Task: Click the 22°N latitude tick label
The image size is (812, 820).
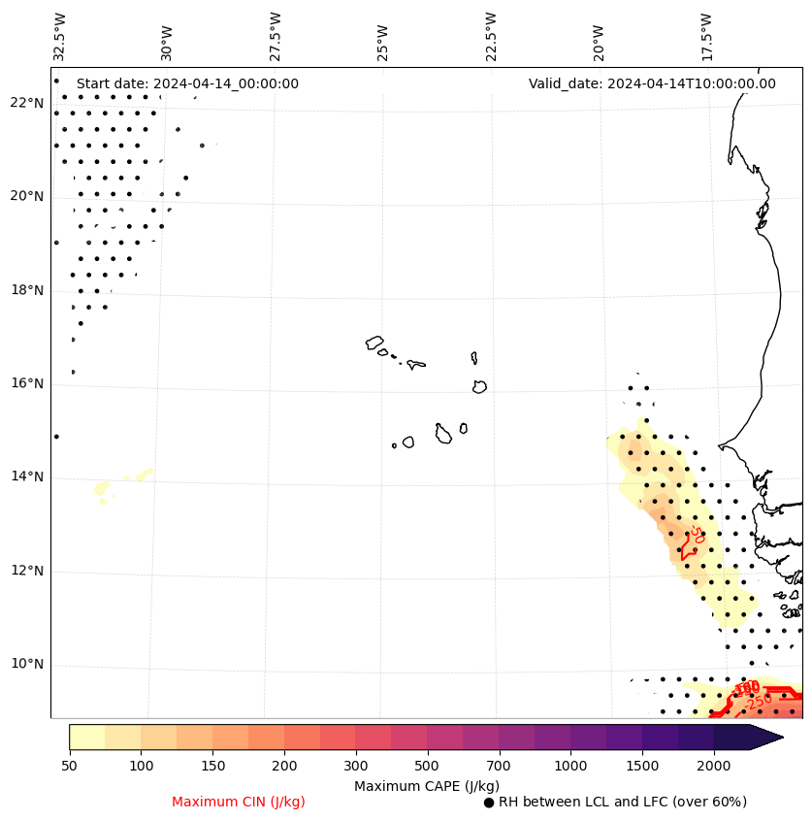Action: tap(26, 103)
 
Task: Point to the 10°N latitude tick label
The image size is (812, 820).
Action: tap(26, 665)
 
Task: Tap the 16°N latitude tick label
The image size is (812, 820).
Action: tap(26, 383)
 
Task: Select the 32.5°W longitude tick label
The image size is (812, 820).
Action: tap(60, 37)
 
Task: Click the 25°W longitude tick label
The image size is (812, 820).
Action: tap(382, 41)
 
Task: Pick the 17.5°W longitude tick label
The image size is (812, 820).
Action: tap(705, 37)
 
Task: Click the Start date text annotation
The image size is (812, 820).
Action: tap(187, 83)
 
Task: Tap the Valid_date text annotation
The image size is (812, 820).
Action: tap(652, 83)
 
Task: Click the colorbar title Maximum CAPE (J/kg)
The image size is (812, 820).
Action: tap(427, 785)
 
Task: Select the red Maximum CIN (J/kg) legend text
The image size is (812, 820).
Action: tap(239, 802)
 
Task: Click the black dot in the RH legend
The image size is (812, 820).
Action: tap(489, 803)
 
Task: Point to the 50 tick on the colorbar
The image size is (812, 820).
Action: tap(69, 767)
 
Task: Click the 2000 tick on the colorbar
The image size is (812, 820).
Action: tap(714, 767)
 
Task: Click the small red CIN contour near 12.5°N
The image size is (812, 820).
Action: tap(689, 545)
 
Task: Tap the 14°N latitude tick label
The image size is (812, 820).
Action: tap(26, 476)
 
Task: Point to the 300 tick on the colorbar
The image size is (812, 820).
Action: tap(355, 767)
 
